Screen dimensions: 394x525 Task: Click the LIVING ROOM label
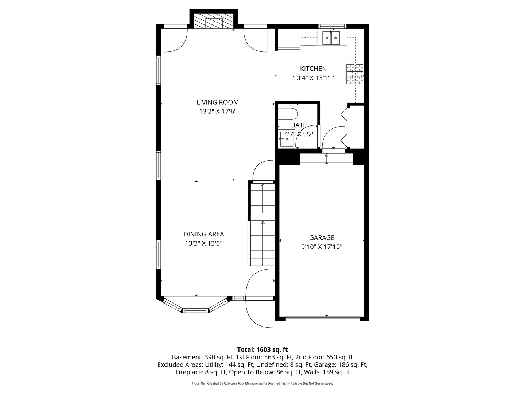coord(218,102)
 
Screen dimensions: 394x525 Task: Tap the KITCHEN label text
coord(313,69)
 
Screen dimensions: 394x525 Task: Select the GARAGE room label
coord(322,237)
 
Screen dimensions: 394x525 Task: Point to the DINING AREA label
coord(203,234)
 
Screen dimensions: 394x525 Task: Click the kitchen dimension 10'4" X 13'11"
coord(313,78)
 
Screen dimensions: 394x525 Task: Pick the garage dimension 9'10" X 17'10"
coord(322,247)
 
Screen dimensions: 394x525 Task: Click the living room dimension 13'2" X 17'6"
coord(218,112)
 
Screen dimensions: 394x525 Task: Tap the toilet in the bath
coord(288,114)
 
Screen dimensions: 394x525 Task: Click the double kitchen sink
coord(331,38)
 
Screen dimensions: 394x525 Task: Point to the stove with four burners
coord(355,74)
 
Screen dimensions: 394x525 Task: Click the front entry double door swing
coord(260,298)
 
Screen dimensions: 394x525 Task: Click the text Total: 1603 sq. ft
coord(262,349)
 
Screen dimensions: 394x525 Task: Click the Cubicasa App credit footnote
coord(262,383)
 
